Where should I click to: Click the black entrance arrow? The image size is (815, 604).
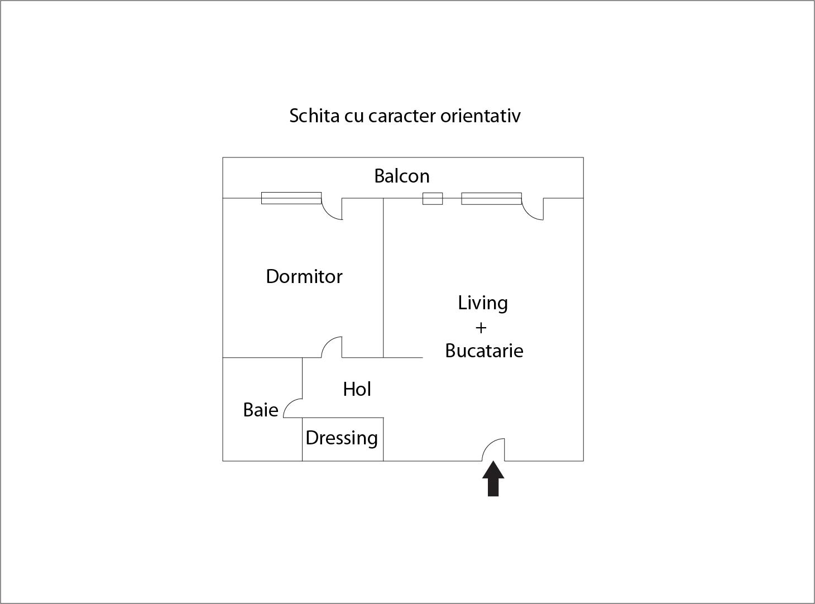[493, 478]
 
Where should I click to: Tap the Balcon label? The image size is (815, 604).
[401, 176]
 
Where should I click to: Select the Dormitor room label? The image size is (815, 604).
[304, 276]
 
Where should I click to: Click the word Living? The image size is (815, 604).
[482, 304]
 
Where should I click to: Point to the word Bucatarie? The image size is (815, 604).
[484, 351]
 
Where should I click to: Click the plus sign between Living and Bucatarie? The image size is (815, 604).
[481, 328]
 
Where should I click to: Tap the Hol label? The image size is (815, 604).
[357, 389]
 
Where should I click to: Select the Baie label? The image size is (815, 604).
[261, 410]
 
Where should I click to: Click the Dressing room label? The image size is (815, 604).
[342, 438]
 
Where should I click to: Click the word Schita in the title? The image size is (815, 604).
[314, 116]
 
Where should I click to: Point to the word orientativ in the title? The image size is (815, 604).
[480, 116]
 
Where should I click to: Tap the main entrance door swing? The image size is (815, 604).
[493, 449]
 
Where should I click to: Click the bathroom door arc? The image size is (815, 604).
[293, 408]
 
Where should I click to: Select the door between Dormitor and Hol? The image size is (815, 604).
[332, 347]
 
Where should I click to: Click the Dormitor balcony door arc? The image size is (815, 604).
[332, 209]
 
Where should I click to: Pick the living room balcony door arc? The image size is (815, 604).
[533, 209]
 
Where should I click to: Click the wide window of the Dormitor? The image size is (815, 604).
[291, 198]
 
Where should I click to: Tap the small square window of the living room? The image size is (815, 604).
[433, 199]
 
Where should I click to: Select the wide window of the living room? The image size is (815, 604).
[492, 199]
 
